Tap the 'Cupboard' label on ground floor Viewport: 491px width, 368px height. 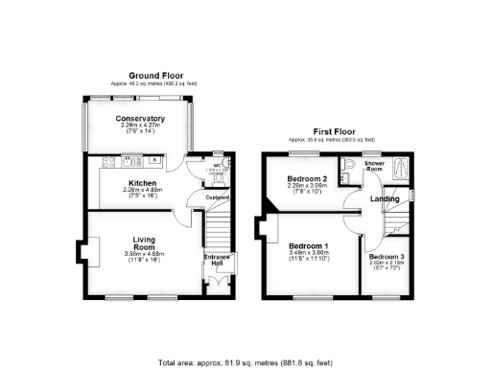pyautogui.click(x=218, y=197)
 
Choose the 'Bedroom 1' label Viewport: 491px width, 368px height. pyautogui.click(x=309, y=245)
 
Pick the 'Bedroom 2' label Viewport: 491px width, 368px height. pyautogui.click(x=307, y=178)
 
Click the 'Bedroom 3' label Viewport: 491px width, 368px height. pyautogui.click(x=386, y=258)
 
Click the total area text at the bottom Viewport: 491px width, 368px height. pyautogui.click(x=245, y=363)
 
